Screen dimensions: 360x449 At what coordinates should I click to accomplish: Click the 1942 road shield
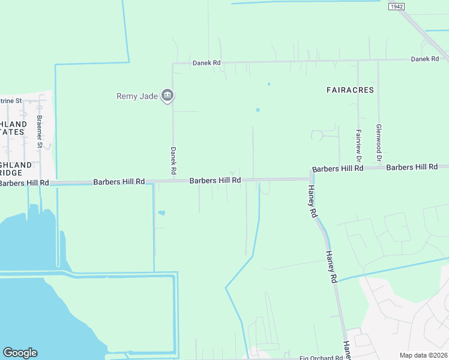point(395,7)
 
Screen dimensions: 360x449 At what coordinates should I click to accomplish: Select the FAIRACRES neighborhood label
point(350,90)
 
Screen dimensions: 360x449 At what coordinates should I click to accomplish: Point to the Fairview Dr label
point(358,146)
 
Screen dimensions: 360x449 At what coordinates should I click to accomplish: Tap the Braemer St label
point(40,131)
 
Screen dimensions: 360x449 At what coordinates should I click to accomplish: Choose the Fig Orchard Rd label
point(321,358)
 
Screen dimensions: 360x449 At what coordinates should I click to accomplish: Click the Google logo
point(20,353)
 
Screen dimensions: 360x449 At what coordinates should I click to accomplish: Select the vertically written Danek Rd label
point(173,161)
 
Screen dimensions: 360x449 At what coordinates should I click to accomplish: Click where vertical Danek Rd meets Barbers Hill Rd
point(173,181)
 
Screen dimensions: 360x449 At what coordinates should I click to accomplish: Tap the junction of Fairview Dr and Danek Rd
point(358,61)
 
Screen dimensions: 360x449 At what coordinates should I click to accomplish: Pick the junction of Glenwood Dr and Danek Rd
point(378,61)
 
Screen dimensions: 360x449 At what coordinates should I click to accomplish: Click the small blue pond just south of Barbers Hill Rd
point(160,212)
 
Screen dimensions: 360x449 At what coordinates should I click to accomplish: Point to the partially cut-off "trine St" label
point(11,101)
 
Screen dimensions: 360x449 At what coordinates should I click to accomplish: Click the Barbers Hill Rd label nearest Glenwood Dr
point(412,167)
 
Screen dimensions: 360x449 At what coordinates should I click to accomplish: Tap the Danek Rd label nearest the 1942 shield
point(425,59)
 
